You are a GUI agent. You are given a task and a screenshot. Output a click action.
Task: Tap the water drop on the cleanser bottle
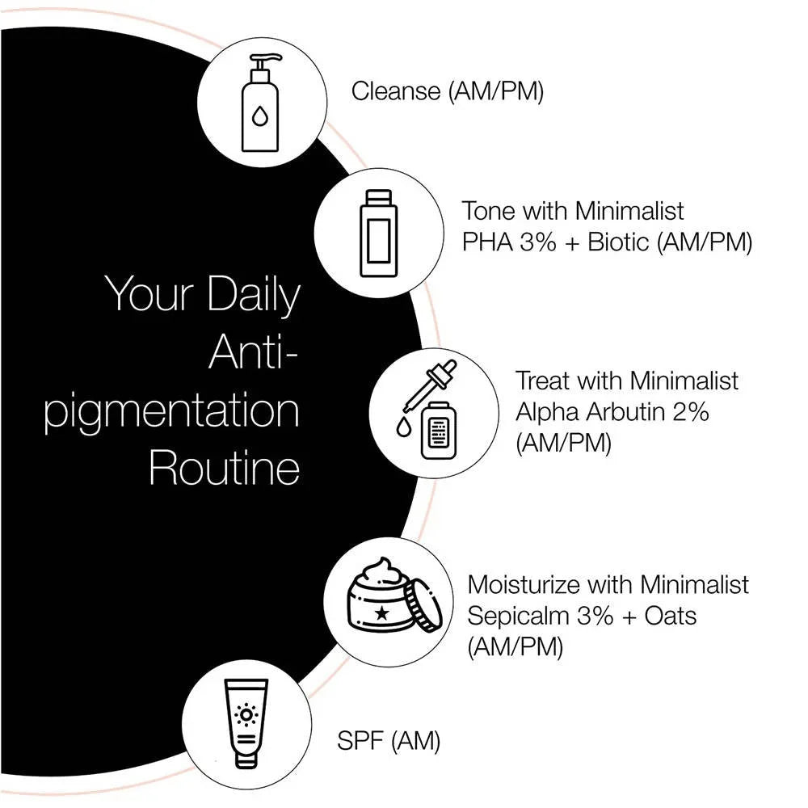(259, 119)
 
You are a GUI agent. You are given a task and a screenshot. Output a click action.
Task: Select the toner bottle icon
(377, 232)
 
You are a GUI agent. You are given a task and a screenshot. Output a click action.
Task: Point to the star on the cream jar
(382, 612)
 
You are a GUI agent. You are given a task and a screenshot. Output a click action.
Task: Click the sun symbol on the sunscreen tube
(245, 715)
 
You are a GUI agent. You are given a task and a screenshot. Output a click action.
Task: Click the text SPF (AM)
(388, 740)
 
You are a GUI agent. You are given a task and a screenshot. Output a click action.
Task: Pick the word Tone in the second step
(489, 211)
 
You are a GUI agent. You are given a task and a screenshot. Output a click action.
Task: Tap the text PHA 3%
(509, 242)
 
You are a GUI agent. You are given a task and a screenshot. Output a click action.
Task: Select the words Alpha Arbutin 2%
(612, 411)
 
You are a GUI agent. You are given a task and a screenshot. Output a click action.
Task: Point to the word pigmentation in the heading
(171, 410)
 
